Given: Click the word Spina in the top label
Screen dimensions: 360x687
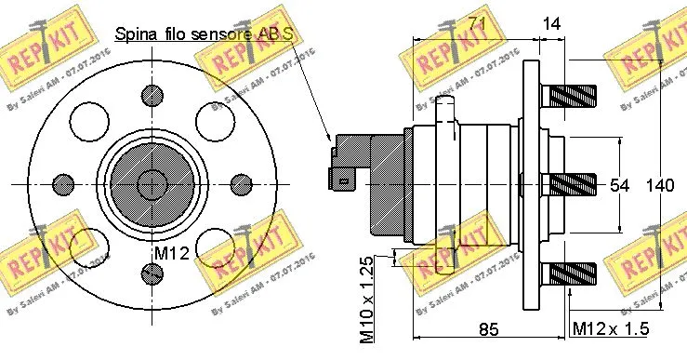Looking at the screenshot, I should (x=134, y=35).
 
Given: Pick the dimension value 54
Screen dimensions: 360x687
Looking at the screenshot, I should (x=619, y=185).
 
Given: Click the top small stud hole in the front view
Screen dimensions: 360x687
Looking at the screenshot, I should (x=152, y=94).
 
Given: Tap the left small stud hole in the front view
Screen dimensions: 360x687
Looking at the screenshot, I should (x=65, y=182).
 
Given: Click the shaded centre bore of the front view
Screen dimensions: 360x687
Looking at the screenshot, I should (x=152, y=182).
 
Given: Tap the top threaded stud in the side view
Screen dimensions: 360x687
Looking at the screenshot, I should (x=574, y=95).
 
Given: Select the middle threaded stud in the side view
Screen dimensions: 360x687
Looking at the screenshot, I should (x=574, y=183).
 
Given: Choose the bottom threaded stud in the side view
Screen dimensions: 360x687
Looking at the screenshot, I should (x=574, y=273).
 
